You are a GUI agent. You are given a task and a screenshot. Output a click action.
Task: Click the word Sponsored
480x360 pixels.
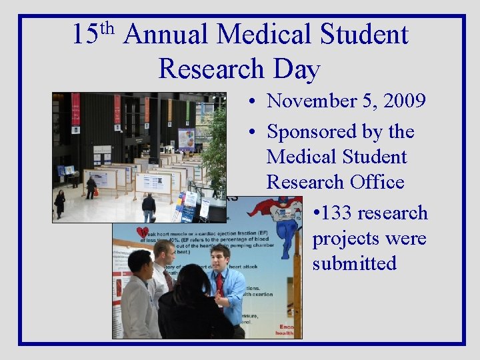pyautogui.click(x=313, y=132)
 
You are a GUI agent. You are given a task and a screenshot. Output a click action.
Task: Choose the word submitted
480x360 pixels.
pyautogui.click(x=355, y=263)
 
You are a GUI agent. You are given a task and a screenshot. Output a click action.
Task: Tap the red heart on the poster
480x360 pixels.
pyautogui.click(x=142, y=233)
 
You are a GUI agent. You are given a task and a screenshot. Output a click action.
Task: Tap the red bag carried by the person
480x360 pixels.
pyautogui.click(x=95, y=192)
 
